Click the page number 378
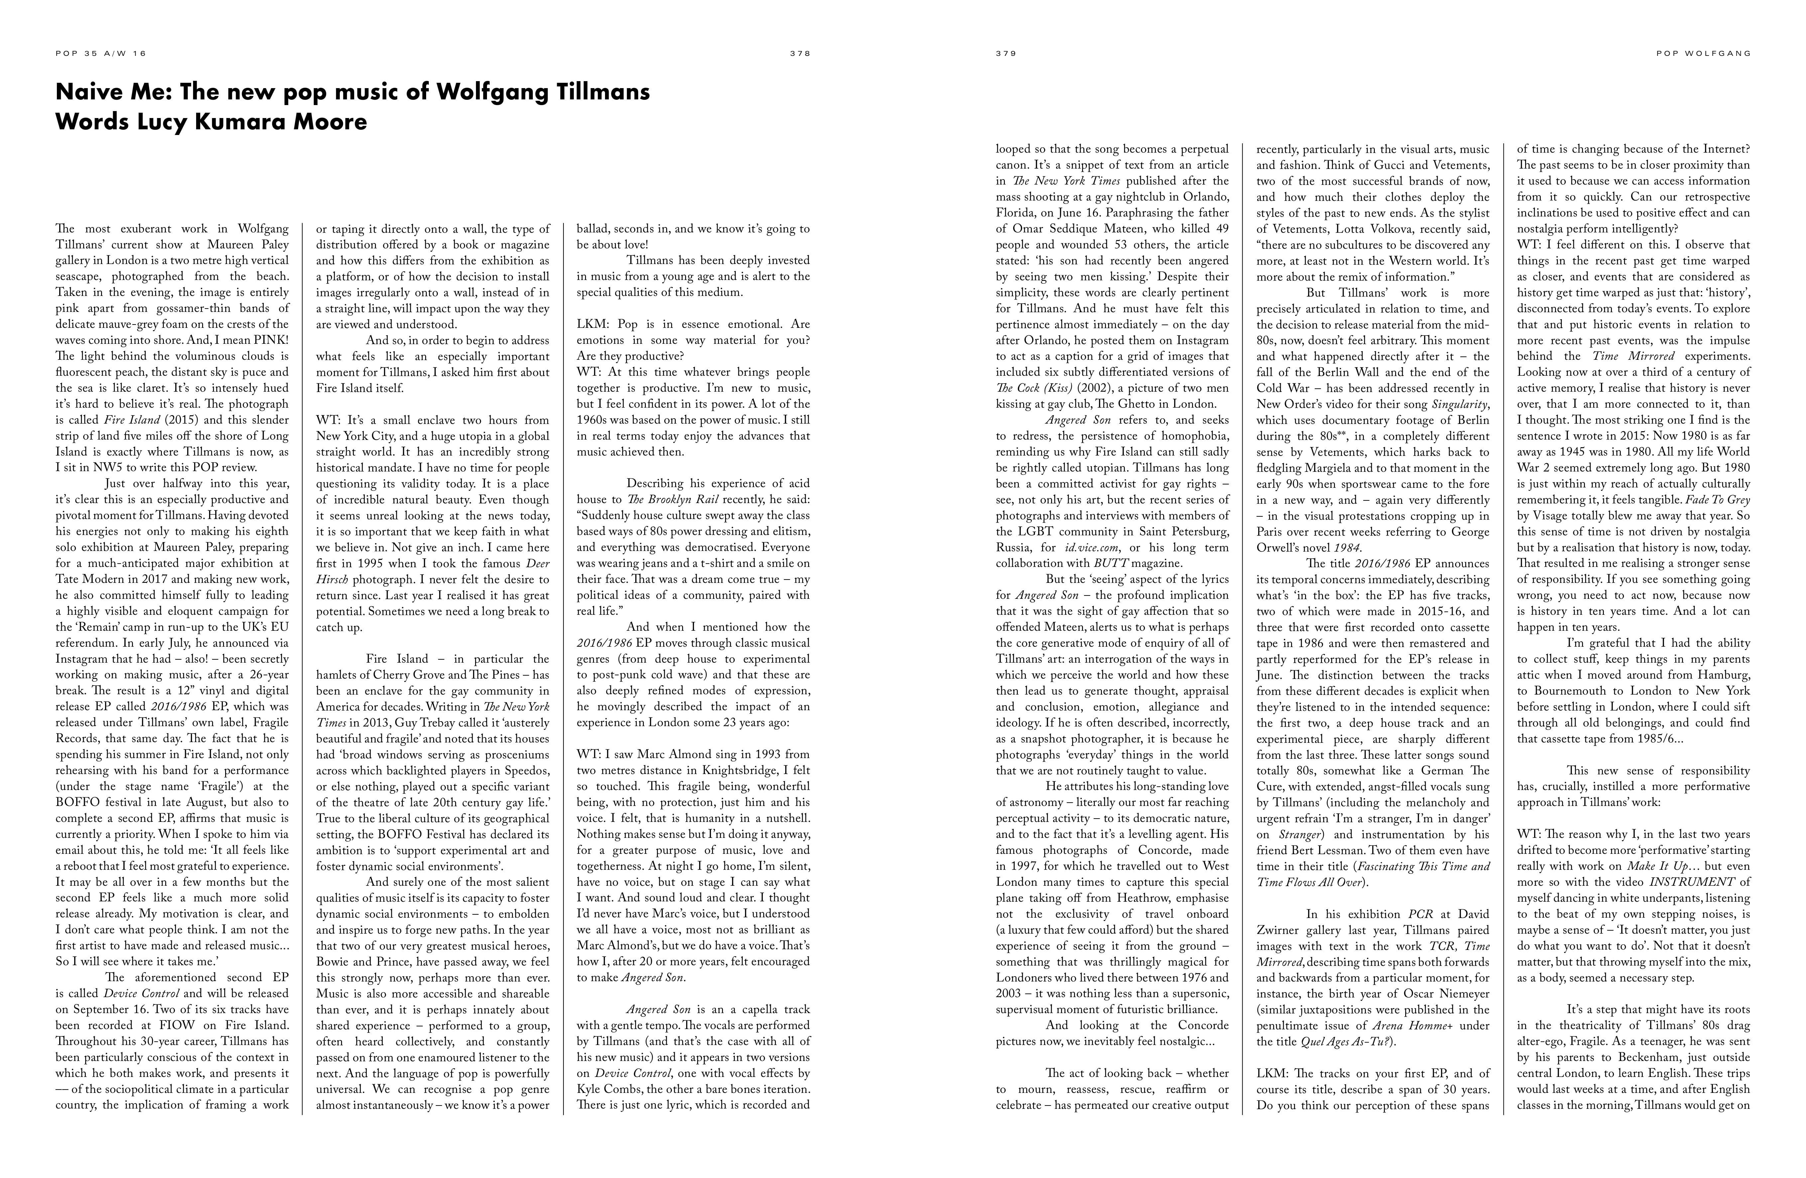click(x=800, y=54)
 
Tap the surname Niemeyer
click(x=1461, y=993)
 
